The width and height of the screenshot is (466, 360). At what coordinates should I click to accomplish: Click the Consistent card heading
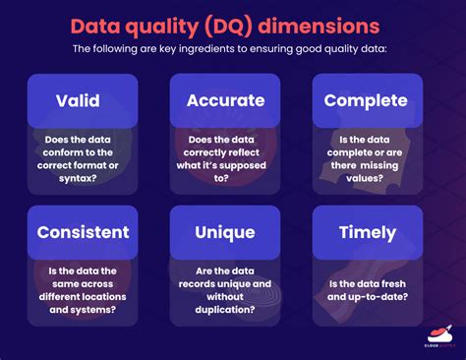click(x=83, y=233)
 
